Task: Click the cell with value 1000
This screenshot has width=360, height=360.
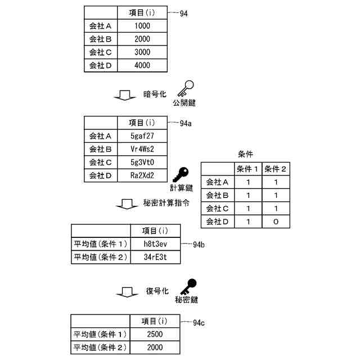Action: (142, 26)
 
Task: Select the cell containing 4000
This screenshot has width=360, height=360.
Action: (142, 65)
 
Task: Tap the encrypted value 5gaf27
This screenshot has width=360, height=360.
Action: (142, 136)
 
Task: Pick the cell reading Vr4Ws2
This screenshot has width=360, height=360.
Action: (142, 148)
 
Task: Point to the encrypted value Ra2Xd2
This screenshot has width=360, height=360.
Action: (142, 175)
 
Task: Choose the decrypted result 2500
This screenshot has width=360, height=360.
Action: (155, 335)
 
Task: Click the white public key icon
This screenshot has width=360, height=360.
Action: (185, 89)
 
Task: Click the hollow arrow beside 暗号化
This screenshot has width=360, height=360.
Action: (125, 95)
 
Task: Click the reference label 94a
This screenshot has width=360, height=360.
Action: (186, 124)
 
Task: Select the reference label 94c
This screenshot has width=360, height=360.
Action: (199, 323)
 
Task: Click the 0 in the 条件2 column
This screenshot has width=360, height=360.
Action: (275, 222)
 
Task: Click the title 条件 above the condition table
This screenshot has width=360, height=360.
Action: (247, 154)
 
